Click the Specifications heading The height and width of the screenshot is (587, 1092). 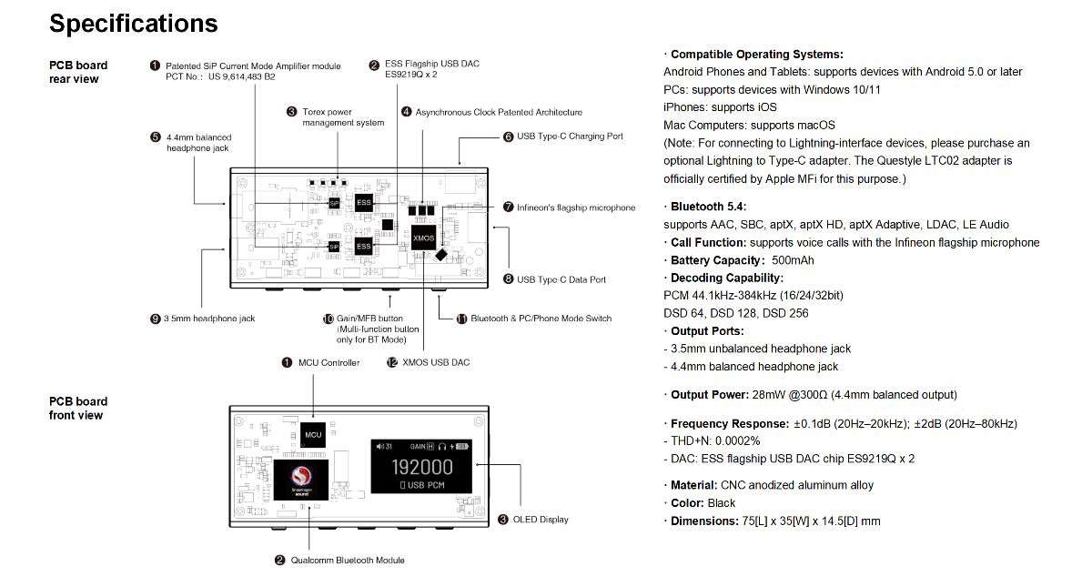pyautogui.click(x=134, y=24)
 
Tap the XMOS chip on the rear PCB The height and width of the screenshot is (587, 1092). pyautogui.click(x=423, y=238)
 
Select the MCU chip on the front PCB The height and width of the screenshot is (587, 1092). pyautogui.click(x=313, y=435)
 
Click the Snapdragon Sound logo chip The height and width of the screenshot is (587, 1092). pyautogui.click(x=301, y=481)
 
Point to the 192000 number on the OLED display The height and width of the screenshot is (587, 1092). pyautogui.click(x=422, y=468)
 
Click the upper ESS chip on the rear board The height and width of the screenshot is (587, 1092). pyautogui.click(x=364, y=202)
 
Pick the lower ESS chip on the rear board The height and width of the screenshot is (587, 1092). pyautogui.click(x=364, y=247)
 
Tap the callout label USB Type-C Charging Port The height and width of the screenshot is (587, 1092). pyautogui.click(x=570, y=136)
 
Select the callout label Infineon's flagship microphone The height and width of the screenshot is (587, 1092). pyautogui.click(x=576, y=207)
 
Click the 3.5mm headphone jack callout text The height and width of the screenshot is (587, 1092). pyautogui.click(x=209, y=319)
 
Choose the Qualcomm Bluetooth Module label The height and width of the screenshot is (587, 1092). pyautogui.click(x=348, y=561)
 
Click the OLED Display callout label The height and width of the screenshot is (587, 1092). pyautogui.click(x=541, y=520)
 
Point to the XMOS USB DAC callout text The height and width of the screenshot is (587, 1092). pyautogui.click(x=436, y=362)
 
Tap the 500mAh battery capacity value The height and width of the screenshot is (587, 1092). pyautogui.click(x=793, y=260)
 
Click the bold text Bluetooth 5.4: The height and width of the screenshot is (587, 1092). pyautogui.click(x=708, y=207)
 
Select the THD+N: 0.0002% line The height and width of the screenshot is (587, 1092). pyautogui.click(x=712, y=440)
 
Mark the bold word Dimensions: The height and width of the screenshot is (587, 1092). pyautogui.click(x=704, y=521)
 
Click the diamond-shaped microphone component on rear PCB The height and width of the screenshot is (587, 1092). pyautogui.click(x=440, y=255)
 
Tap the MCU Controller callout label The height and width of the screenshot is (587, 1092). pyautogui.click(x=329, y=363)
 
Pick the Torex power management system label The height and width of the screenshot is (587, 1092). pyautogui.click(x=343, y=117)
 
